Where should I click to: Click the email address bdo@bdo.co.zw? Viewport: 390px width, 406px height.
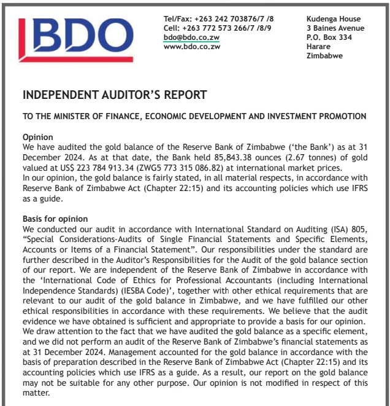pyautogui.click(x=191, y=37)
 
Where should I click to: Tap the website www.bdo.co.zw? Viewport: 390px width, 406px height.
pyautogui.click(x=191, y=47)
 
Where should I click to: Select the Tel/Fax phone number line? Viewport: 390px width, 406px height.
pyautogui.click(x=218, y=19)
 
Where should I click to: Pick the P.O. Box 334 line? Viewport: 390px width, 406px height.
pyautogui.click(x=329, y=37)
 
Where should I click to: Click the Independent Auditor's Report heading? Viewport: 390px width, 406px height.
pyautogui.click(x=115, y=95)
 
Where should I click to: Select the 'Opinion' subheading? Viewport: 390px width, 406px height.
pyautogui.click(x=37, y=137)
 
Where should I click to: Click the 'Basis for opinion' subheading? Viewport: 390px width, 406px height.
pyautogui.click(x=55, y=219)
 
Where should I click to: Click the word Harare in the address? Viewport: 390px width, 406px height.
pyautogui.click(x=319, y=47)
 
